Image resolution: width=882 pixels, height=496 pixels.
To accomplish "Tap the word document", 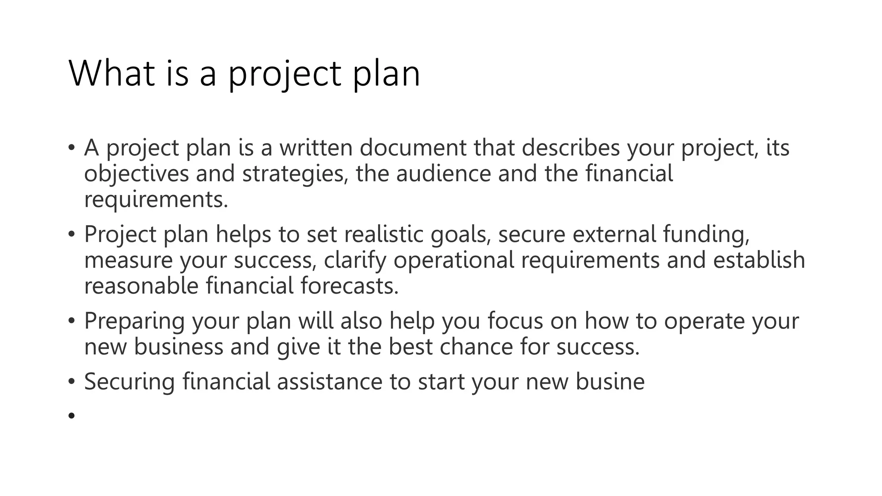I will coord(413,148).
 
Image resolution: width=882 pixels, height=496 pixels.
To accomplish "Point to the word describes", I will coord(571,148).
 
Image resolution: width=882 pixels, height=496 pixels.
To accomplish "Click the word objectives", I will coord(137,174).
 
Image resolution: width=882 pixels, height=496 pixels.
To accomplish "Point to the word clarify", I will coord(355,261).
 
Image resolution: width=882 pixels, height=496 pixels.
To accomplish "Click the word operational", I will coord(454,261).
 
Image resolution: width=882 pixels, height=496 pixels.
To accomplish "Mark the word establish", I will coord(759,260).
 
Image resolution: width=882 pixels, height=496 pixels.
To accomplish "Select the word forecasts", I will coord(349,286).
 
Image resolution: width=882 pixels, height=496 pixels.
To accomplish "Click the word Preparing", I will coord(134,321).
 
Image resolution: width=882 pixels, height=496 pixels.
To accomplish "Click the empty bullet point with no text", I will coord(71,415).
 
